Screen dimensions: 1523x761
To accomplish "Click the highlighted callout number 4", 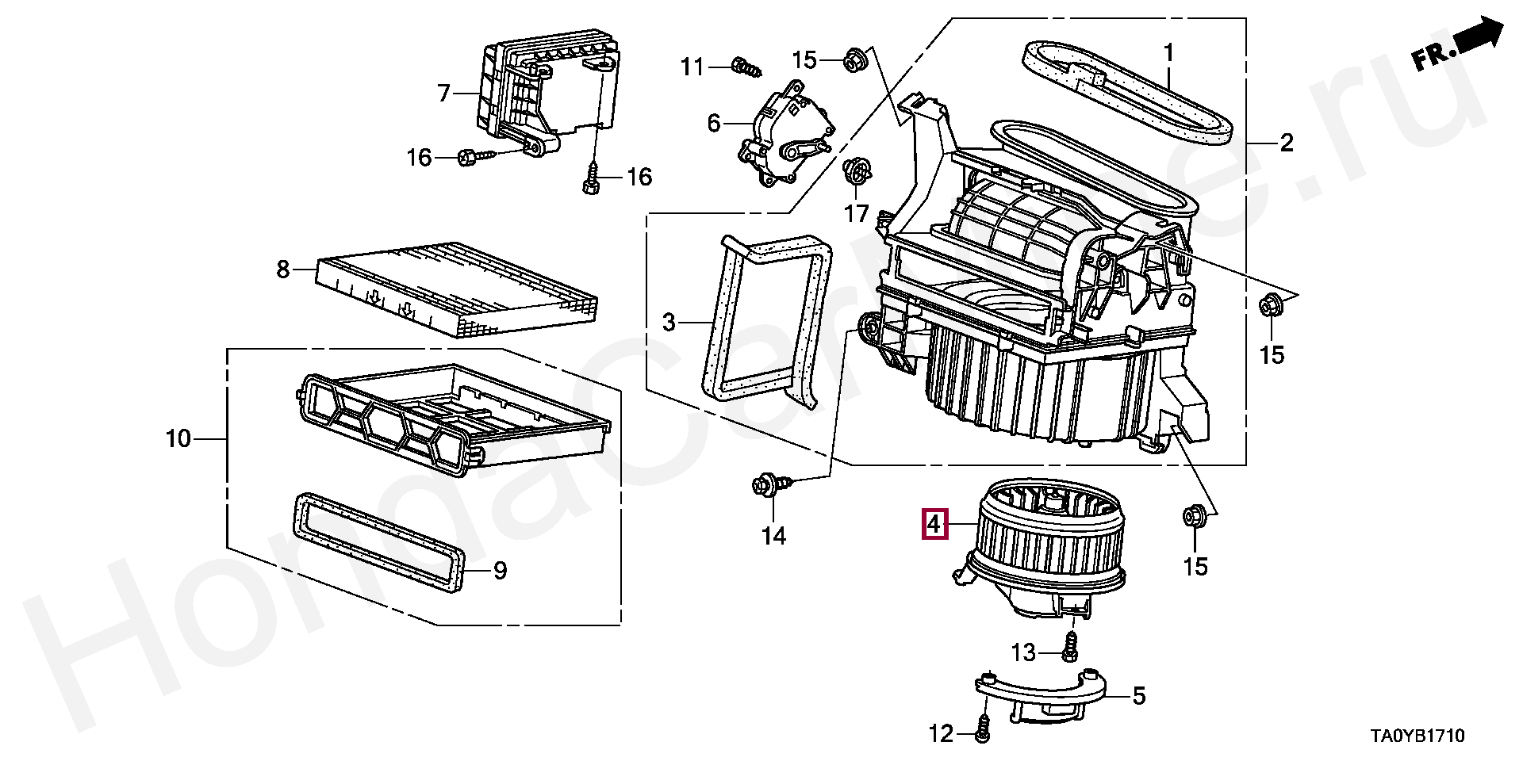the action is (x=934, y=525).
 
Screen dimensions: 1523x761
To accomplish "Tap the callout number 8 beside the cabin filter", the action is (x=283, y=270).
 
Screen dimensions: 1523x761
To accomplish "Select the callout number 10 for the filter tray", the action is (x=179, y=438).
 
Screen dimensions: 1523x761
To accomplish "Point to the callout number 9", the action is (x=500, y=571).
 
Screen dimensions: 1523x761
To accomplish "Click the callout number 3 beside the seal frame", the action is (x=669, y=323).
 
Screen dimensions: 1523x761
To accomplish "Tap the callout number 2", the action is (x=1286, y=143).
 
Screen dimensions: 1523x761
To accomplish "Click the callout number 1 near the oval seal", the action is (x=1168, y=53).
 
